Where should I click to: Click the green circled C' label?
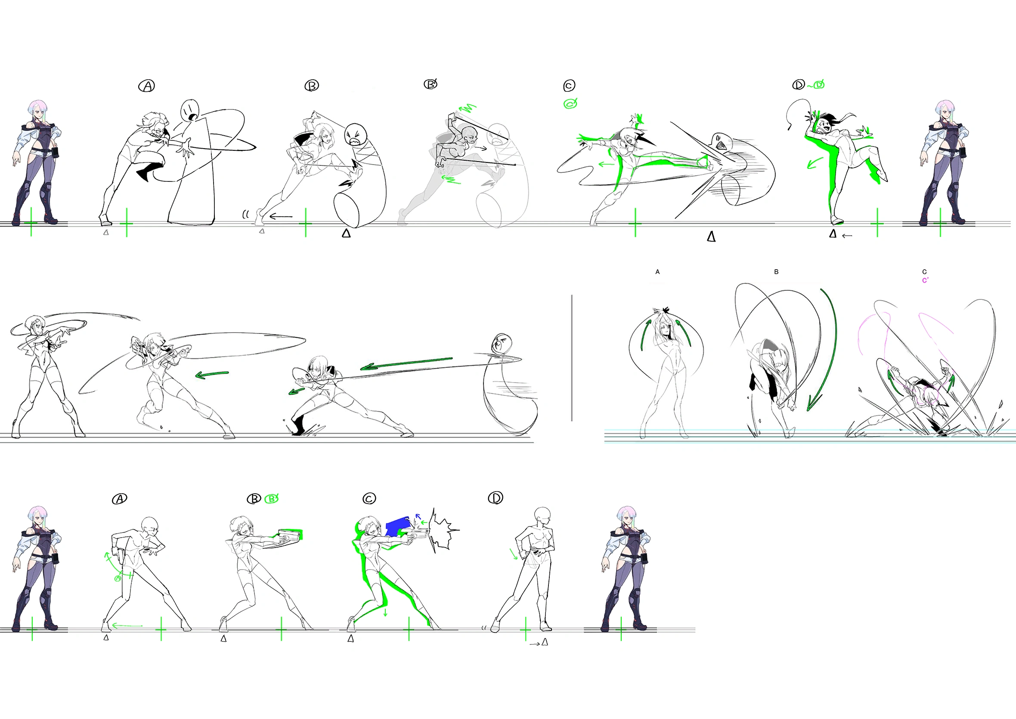click(570, 103)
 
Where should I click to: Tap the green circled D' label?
click(818, 84)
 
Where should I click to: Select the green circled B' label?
click(271, 498)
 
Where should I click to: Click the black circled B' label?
click(431, 84)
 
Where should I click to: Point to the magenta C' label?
click(925, 280)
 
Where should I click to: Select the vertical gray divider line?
click(572, 358)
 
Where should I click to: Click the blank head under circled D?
click(543, 515)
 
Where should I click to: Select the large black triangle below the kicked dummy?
click(711, 237)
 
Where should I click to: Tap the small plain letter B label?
click(776, 272)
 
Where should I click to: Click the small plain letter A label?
click(657, 272)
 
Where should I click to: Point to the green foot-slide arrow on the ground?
click(127, 626)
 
